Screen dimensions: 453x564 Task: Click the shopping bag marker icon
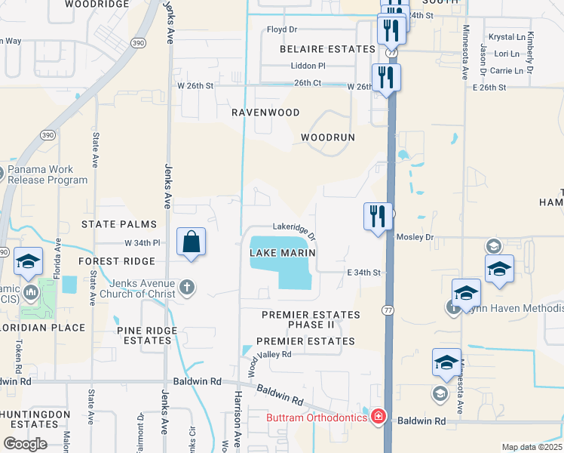point(192,243)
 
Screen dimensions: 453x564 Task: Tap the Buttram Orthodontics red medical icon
point(378,418)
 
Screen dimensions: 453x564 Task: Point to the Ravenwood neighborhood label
point(265,112)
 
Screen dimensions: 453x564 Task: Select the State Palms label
point(119,224)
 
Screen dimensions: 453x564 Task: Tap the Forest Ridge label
point(116,261)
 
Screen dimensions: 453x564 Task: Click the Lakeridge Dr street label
point(294,228)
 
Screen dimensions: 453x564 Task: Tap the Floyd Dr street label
point(283,30)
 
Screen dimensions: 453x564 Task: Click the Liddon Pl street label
point(308,66)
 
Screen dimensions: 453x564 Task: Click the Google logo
point(25,444)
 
